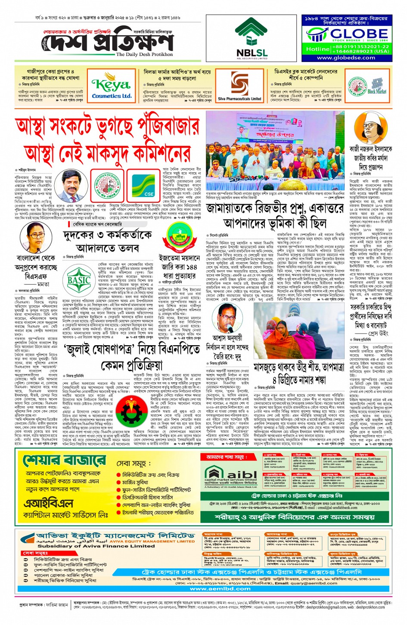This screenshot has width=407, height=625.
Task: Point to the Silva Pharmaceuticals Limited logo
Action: tap(239, 87)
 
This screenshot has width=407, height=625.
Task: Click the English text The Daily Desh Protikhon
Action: tap(144, 55)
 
